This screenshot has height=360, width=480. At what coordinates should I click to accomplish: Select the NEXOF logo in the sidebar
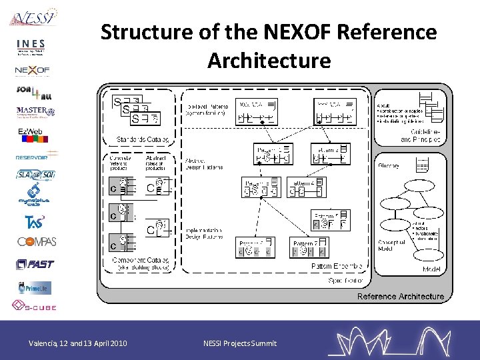click(x=33, y=69)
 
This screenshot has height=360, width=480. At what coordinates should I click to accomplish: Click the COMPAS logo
click(x=37, y=241)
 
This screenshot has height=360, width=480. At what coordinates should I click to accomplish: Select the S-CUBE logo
click(x=34, y=307)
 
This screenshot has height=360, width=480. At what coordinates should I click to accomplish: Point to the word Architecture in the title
click(x=269, y=61)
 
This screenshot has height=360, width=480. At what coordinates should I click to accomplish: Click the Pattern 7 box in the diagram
click(x=310, y=248)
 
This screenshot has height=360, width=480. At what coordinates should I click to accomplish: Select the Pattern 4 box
click(x=307, y=187)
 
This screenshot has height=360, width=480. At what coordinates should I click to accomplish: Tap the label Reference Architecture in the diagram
click(x=400, y=296)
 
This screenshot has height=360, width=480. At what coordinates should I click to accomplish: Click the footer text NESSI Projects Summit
click(x=239, y=343)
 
